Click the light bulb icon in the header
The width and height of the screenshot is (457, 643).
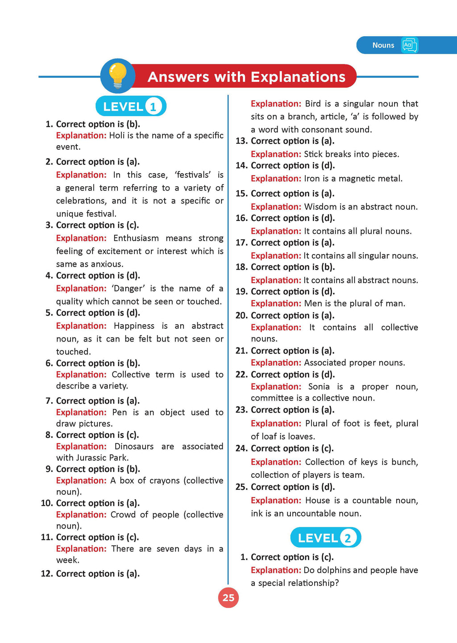coord(118,76)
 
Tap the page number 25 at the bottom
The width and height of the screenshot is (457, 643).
coord(228,597)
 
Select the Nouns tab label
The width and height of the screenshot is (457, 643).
coord(383,45)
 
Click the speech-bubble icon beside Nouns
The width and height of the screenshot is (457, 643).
coord(410,45)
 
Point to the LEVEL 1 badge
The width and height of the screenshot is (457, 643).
coord(131,106)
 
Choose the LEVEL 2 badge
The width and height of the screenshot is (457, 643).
coord(325,538)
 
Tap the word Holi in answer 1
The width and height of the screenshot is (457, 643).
coord(117,135)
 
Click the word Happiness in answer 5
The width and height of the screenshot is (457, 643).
coord(134,326)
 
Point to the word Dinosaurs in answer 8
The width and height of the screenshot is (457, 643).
coord(134,447)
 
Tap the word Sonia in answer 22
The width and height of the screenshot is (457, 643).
coord(319,387)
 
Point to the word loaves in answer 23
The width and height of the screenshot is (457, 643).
coord(301,436)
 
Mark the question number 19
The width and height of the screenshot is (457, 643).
coord(241,292)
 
